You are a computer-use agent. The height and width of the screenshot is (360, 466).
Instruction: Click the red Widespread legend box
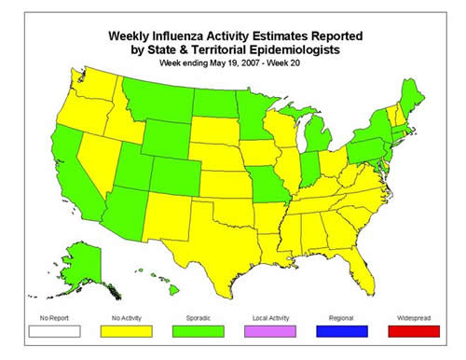click(x=413, y=328)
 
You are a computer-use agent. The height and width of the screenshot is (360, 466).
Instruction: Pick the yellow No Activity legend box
click(x=123, y=328)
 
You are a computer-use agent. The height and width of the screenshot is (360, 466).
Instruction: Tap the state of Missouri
click(x=270, y=181)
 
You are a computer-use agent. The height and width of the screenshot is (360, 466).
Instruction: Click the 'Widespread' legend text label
click(x=413, y=317)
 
